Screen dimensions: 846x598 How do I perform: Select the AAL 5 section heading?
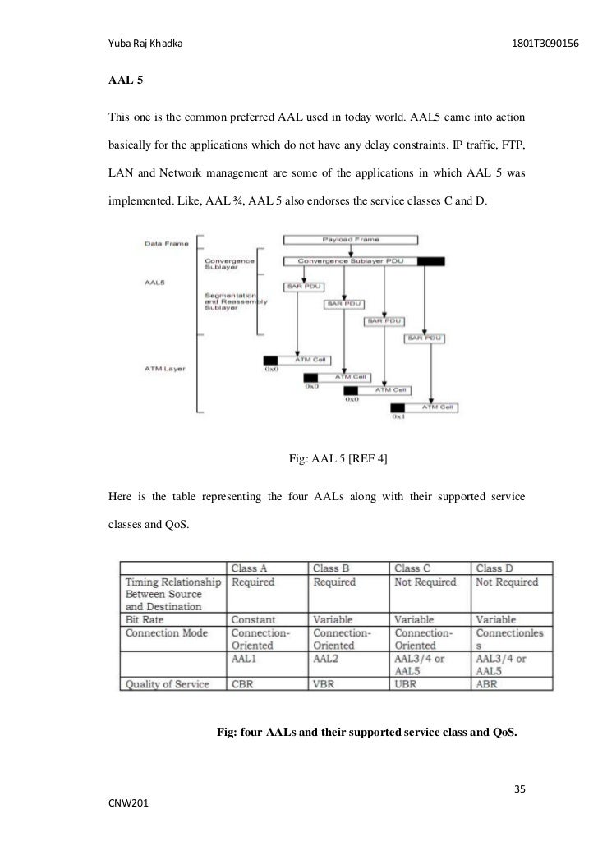[123, 81]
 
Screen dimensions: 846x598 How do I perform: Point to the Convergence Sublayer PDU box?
[350, 261]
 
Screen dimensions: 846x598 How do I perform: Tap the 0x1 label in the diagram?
[399, 419]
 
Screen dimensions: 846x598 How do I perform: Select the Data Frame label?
[167, 244]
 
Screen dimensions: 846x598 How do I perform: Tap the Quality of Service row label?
[168, 683]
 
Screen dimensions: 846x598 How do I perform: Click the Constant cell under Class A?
[254, 619]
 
